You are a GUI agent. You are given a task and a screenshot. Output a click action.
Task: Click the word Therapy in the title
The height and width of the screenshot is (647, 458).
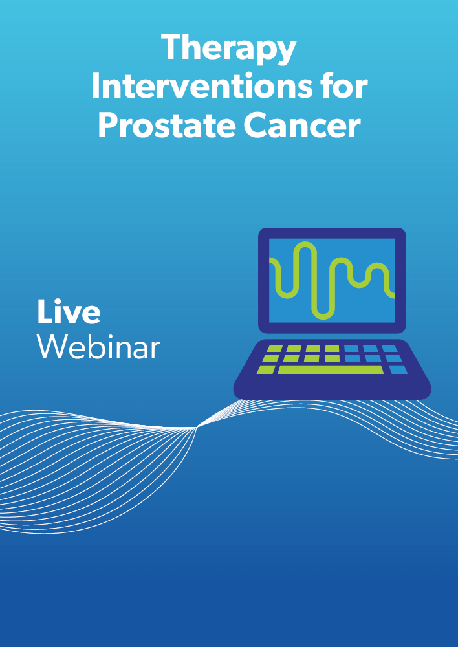tap(228, 49)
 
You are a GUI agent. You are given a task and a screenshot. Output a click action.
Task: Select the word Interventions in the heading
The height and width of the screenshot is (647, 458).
tap(201, 86)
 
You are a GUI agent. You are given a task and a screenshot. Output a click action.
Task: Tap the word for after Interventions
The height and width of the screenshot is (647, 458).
tap(343, 86)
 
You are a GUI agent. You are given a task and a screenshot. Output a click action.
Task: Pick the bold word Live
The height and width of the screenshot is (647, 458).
tap(69, 312)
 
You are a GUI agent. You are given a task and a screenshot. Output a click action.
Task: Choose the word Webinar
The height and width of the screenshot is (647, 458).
tap(98, 347)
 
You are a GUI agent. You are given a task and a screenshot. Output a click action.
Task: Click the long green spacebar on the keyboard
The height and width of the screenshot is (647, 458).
tap(331, 369)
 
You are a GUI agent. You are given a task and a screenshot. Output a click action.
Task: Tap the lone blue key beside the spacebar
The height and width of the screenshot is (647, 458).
tap(398, 369)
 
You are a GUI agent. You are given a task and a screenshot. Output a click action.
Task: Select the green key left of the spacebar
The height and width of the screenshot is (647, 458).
tap(266, 369)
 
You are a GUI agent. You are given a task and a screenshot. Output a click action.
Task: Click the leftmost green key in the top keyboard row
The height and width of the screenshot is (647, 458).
tap(274, 349)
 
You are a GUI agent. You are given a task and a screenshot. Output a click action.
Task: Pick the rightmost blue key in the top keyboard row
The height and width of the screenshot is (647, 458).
tap(389, 349)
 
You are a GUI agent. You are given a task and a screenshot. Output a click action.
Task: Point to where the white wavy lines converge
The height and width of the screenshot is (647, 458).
tap(197, 428)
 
